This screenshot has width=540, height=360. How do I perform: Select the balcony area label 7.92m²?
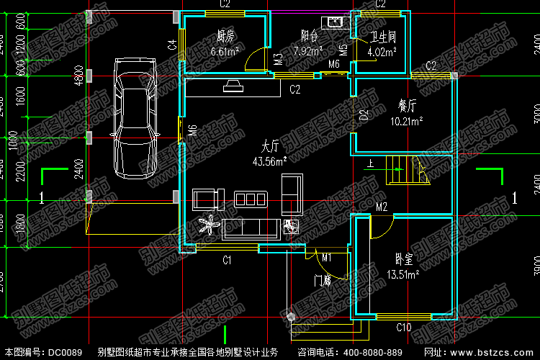308,51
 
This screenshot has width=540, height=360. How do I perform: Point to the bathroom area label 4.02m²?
382,52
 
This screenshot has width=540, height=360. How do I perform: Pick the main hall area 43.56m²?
269,161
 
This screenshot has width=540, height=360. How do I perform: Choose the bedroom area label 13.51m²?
403,274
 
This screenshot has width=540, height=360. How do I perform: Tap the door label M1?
326,258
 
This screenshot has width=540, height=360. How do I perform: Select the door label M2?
382,208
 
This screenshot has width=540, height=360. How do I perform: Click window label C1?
226,260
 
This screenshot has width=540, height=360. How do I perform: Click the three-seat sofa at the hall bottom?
251,229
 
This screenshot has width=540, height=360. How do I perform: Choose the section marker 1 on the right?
514,197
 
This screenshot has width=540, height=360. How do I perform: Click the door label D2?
364,114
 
